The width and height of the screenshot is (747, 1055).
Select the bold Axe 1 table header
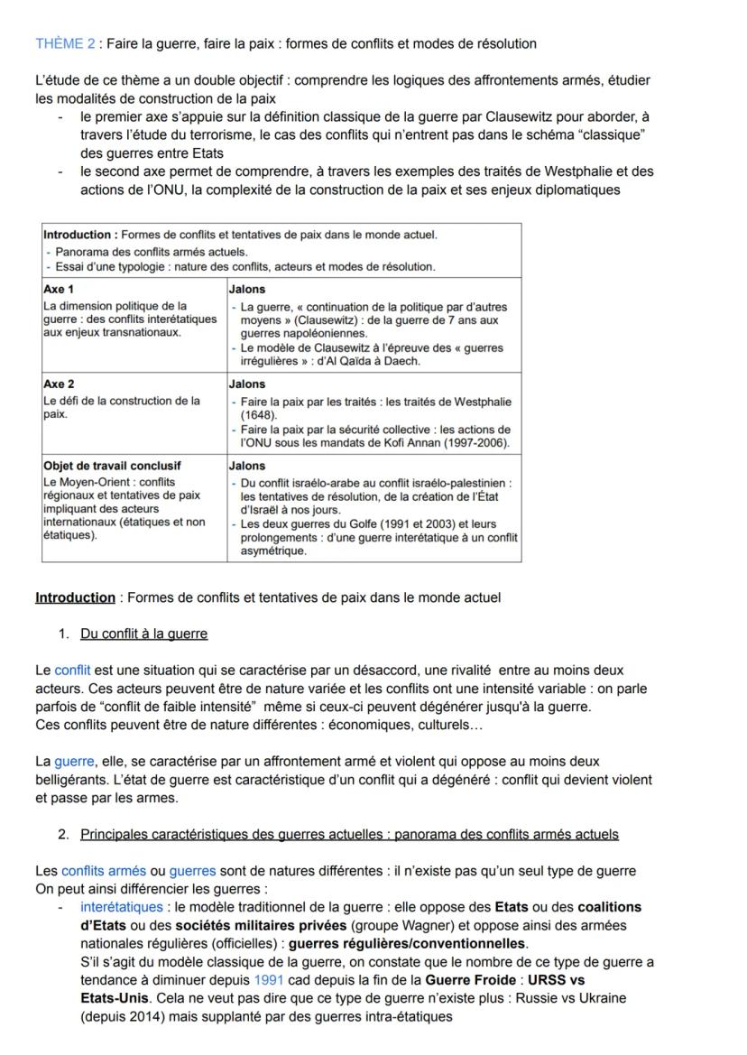(59, 290)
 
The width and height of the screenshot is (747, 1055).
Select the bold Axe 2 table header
(59, 384)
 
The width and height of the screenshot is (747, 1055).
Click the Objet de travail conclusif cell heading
(112, 466)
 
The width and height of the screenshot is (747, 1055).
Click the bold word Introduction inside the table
(79, 235)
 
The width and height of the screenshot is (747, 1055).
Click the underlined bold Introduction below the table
(75, 597)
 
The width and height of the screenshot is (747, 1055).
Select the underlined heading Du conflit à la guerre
(143, 634)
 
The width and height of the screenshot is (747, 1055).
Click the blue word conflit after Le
(72, 671)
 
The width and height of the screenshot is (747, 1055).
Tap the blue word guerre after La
(74, 762)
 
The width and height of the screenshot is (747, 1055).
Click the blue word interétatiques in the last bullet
(122, 907)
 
